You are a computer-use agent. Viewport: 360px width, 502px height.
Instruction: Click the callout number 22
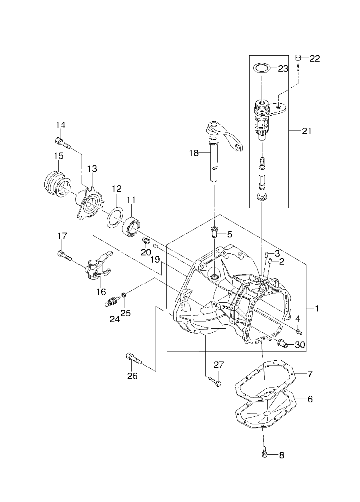314,58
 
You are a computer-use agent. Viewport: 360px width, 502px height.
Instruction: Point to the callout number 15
58,156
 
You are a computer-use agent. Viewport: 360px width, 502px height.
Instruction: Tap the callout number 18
194,153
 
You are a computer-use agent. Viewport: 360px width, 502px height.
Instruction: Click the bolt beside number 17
64,256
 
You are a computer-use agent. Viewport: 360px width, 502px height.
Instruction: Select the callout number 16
101,291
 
